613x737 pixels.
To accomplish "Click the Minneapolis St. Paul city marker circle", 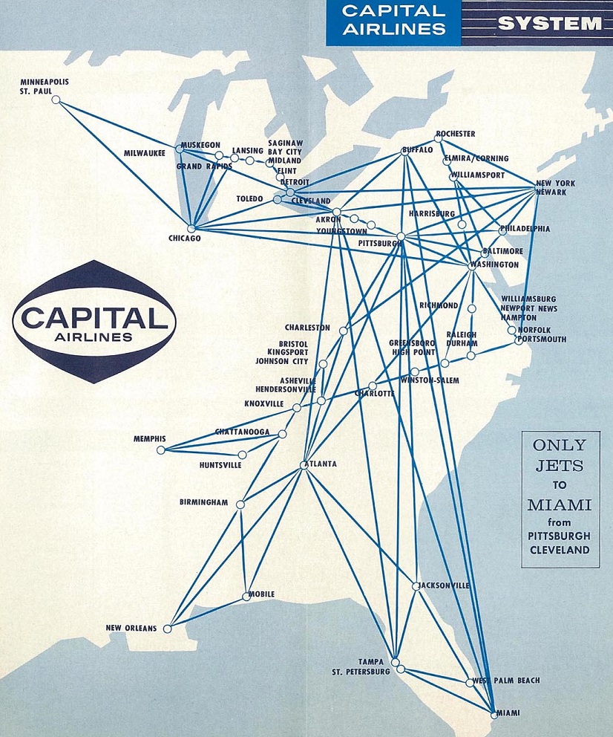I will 56,100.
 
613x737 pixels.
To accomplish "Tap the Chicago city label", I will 185,238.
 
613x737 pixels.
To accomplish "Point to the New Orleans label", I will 131,629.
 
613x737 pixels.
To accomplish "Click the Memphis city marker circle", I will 160,449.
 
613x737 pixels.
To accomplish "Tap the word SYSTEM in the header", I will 549,23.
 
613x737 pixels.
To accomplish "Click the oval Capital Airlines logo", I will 94,322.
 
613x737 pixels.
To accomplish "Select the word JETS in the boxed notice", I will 560,465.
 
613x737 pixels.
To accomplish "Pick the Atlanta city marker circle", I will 304,465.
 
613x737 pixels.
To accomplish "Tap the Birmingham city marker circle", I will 240,504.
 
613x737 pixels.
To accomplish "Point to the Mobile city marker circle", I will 246,596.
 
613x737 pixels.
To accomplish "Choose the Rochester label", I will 456,134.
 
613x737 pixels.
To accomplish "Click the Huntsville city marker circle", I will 242,455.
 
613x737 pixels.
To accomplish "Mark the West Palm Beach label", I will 508,681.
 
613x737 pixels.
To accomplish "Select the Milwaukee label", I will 145,154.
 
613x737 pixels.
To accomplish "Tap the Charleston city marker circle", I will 343,331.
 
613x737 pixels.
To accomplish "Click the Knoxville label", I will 264,404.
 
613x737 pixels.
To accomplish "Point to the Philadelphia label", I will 525,229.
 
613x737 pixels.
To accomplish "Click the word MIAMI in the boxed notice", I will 559,505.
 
